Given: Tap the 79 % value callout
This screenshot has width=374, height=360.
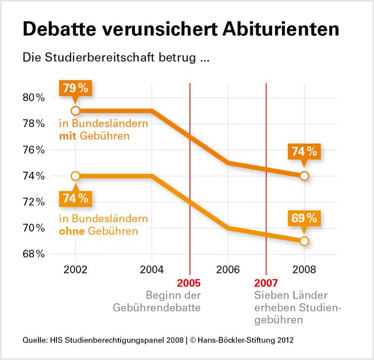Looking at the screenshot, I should [x=75, y=89].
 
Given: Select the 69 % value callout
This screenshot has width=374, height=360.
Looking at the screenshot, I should [x=304, y=218].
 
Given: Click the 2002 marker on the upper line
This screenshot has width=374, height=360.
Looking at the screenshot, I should [x=75, y=110].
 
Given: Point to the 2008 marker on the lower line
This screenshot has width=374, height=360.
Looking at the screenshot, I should [x=304, y=241].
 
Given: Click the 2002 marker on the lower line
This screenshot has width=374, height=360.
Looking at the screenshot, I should [x=75, y=176].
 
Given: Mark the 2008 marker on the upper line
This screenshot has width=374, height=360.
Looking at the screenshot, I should [x=304, y=176].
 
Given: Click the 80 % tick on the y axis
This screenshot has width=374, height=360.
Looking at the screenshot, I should [x=34, y=97].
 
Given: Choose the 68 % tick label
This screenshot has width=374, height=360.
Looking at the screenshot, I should [x=34, y=254].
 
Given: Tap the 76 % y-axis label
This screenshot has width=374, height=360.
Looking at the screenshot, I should [x=34, y=149].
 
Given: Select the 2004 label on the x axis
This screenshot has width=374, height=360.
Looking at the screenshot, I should [x=151, y=270].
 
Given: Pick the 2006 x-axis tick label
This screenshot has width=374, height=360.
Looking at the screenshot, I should [x=228, y=270].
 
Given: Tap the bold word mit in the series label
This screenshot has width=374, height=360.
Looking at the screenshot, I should [x=68, y=136].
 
